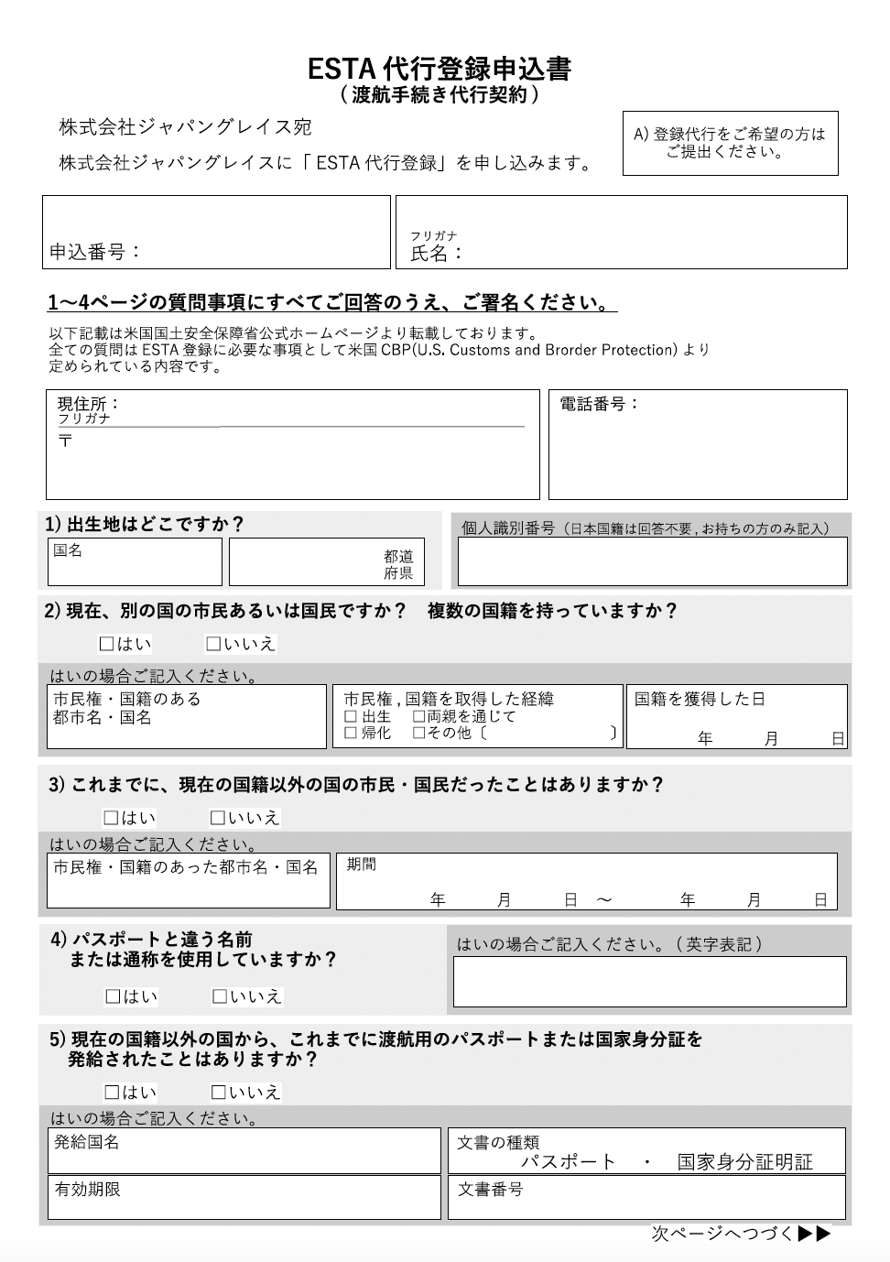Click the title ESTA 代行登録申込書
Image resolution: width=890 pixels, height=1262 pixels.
click(x=440, y=69)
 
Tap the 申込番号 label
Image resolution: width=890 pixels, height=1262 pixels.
click(x=95, y=252)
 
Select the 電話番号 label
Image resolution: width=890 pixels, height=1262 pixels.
click(x=599, y=404)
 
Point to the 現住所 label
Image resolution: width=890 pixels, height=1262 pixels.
click(x=88, y=404)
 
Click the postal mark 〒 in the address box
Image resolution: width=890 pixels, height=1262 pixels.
click(x=65, y=441)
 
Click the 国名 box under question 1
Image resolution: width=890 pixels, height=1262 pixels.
click(x=135, y=561)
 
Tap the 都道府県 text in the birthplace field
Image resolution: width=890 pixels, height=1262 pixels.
click(x=398, y=565)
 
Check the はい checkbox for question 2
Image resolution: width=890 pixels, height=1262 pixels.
click(x=106, y=644)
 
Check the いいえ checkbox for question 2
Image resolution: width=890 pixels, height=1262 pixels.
click(x=213, y=644)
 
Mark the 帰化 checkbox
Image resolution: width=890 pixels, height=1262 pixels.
click(x=351, y=733)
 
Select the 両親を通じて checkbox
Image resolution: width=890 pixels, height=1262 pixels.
click(x=418, y=716)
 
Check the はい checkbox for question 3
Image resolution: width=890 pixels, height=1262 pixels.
click(x=111, y=818)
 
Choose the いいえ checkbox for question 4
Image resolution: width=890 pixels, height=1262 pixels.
click(x=220, y=996)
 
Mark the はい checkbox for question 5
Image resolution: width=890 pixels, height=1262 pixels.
click(x=112, y=1092)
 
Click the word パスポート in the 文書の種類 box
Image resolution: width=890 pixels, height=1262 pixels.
click(x=569, y=1162)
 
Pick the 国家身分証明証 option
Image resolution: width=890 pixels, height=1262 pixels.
click(x=744, y=1162)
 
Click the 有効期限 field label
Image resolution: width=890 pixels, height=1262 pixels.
click(x=87, y=1190)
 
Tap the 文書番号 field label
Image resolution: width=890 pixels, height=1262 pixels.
click(x=490, y=1190)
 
